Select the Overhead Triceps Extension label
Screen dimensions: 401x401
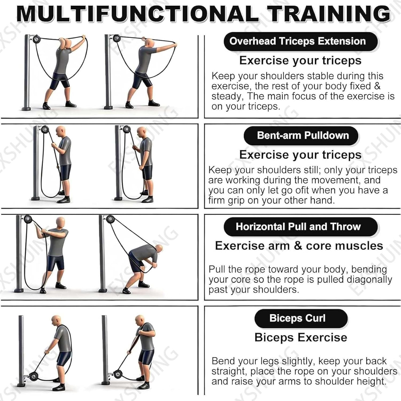pos(300,41)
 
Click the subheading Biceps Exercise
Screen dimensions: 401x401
pos(301,337)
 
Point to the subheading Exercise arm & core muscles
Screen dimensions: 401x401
pos(299,246)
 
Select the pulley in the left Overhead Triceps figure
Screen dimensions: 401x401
pos(36,39)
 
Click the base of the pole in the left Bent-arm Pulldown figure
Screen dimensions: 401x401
pos(36,198)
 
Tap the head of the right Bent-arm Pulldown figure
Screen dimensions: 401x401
pos(141,132)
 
